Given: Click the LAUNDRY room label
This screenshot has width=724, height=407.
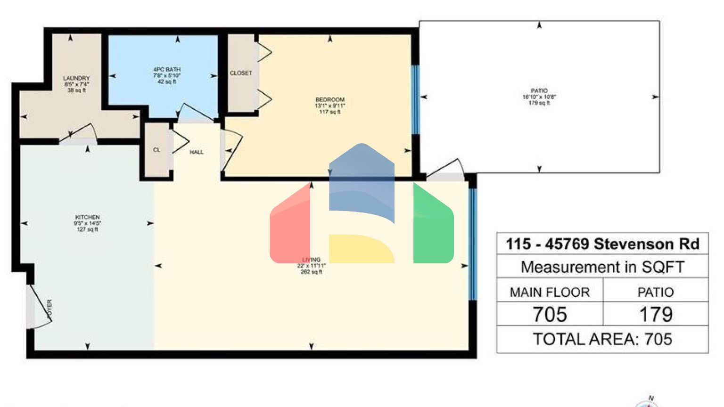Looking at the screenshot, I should [76, 78].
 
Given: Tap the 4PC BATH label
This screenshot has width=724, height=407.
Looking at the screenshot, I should [167, 69].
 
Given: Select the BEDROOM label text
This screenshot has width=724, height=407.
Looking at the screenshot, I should [330, 100].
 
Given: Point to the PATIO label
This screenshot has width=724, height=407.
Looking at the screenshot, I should [539, 91].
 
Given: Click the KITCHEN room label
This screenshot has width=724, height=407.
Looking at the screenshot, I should [87, 217].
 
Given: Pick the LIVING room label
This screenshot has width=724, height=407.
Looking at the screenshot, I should [311, 260].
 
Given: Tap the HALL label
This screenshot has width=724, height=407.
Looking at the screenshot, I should [197, 152].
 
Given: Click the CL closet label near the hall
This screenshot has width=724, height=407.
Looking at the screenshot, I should [156, 150].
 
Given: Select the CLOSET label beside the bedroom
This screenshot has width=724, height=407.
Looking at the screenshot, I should [241, 73].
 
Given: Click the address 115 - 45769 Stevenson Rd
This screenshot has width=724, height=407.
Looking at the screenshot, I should [602, 244].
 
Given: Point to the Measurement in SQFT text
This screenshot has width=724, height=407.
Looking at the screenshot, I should [602, 267].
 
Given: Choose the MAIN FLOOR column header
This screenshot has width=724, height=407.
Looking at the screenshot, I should [550, 292].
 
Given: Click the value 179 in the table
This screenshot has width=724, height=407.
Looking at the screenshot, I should [656, 314].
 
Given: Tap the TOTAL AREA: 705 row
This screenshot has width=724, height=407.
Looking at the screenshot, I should [602, 339].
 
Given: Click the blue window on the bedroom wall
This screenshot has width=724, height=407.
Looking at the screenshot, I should [415, 100].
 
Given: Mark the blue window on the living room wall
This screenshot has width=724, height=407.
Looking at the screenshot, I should [472, 244].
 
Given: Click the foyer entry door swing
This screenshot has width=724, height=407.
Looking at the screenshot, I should [40, 309].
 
